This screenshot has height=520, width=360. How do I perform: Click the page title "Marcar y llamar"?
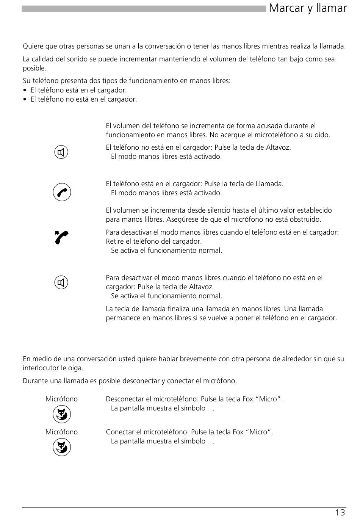point(307,8)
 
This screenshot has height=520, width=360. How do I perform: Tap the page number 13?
point(340,512)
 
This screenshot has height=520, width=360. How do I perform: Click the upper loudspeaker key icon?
point(61,152)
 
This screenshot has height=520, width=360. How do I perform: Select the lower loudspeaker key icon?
point(61,283)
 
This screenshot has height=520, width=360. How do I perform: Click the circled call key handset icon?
point(62,192)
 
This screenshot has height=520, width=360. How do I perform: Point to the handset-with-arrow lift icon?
point(61,238)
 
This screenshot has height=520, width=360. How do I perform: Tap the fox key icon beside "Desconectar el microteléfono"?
point(62,414)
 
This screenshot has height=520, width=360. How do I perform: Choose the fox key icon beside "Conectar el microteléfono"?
point(62,447)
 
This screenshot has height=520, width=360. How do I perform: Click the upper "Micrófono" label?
point(61,399)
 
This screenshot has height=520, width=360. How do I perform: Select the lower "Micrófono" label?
point(61,432)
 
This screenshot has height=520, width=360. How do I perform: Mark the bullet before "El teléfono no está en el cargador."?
point(25,100)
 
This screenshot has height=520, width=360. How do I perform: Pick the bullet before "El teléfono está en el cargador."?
point(25,91)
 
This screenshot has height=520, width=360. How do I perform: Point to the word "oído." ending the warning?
point(322,135)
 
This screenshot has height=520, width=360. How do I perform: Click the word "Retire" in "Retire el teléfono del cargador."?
point(116,241)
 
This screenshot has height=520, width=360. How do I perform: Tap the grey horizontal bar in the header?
point(144,9)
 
